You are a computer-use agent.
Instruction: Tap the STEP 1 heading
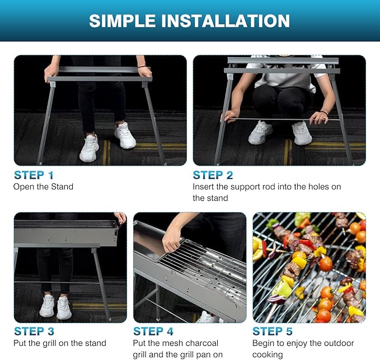pos(34,175)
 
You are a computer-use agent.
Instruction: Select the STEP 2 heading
pos(213,175)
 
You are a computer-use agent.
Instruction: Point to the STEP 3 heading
pos(34,331)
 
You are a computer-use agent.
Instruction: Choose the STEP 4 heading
pos(153,331)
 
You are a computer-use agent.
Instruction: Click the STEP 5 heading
pos(273,331)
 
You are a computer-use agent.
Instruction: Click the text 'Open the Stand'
pos(43,187)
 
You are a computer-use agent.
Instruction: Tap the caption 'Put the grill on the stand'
pos(60,343)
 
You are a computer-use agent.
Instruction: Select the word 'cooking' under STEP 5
pos(268,354)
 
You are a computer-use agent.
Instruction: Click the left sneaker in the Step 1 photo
pos(89,148)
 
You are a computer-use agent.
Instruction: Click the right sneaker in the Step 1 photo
pos(125,136)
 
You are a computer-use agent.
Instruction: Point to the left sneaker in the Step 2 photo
pos(261,132)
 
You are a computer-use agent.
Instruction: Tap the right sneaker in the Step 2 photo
pos(302,133)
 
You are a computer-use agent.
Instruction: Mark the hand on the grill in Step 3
pos(120,217)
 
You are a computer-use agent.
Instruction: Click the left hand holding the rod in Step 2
pos(230,116)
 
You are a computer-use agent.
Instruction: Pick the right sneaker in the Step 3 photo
pos(64,308)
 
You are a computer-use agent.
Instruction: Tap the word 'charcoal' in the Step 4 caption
pos(200,343)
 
